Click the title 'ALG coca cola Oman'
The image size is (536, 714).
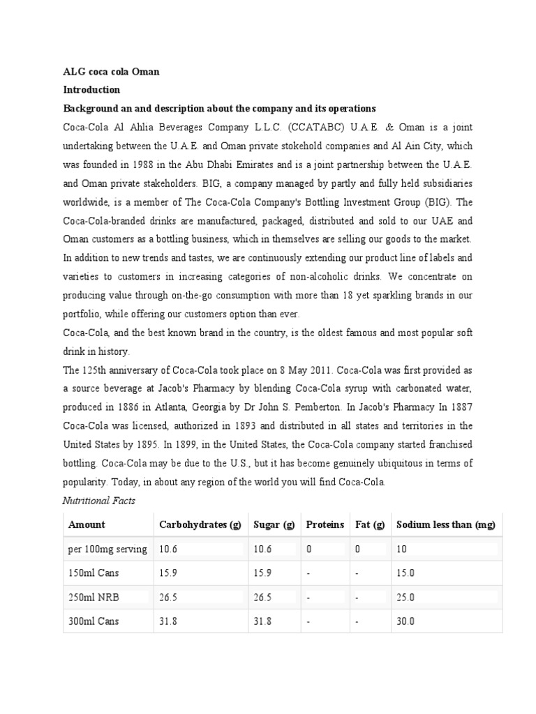(x=112, y=71)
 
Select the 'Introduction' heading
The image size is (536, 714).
(x=91, y=90)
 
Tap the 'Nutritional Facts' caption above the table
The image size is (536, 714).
(x=99, y=501)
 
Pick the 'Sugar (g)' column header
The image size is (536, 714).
(x=274, y=524)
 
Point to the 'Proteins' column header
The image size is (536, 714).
(x=325, y=524)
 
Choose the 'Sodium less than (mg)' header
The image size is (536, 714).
(x=445, y=524)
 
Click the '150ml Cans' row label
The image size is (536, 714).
(x=94, y=573)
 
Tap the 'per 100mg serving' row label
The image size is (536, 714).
(x=107, y=549)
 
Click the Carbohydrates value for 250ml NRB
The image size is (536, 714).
(x=168, y=598)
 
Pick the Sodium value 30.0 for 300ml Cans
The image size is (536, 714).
(x=405, y=621)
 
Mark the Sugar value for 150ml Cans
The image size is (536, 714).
(x=262, y=573)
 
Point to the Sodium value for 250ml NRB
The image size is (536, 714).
(x=405, y=598)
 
